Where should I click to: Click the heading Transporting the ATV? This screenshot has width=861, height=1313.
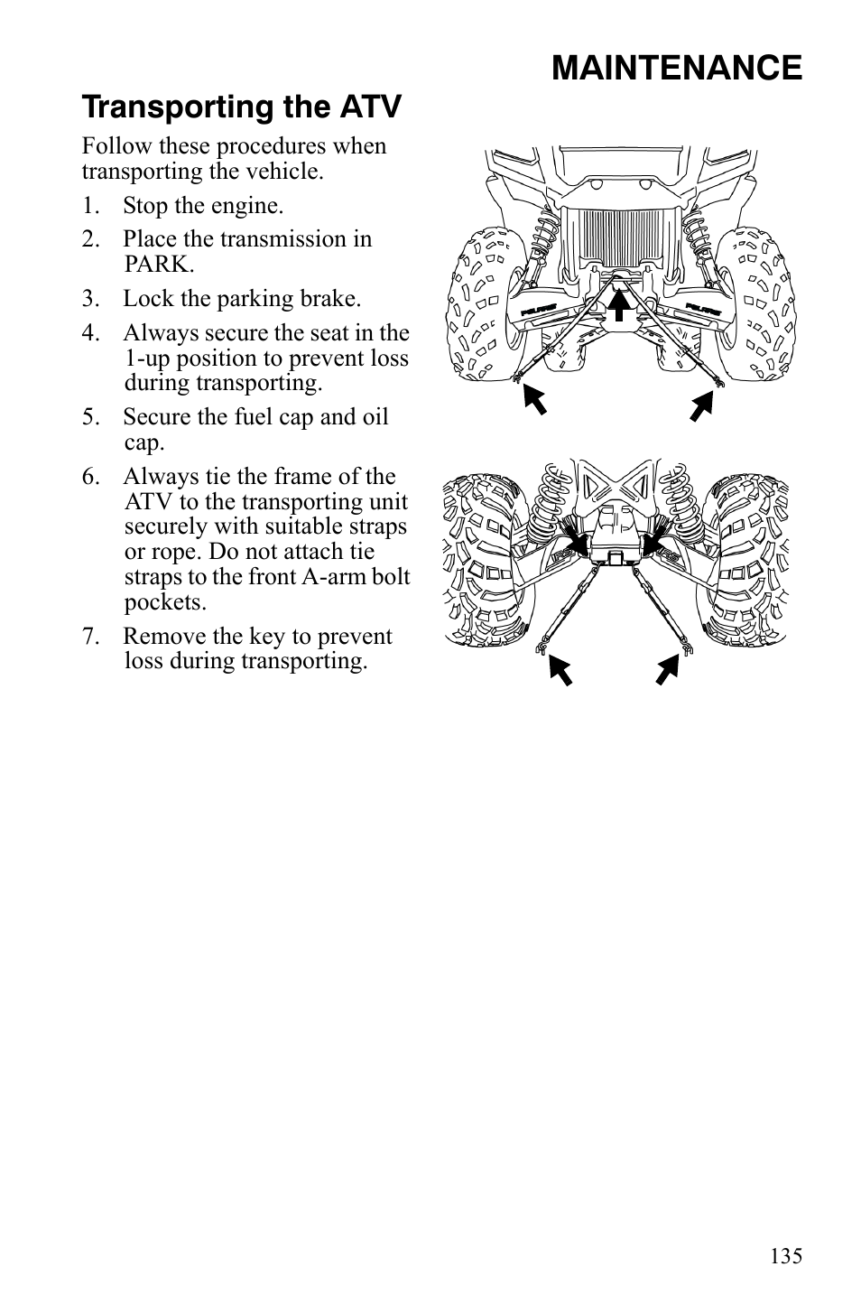click(x=241, y=107)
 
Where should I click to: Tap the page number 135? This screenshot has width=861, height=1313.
click(x=786, y=1256)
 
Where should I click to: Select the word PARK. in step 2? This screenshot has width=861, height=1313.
click(x=159, y=265)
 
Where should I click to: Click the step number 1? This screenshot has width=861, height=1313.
click(x=89, y=206)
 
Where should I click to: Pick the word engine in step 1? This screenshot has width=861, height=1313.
click(x=245, y=206)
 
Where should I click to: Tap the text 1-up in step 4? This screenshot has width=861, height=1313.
click(x=146, y=359)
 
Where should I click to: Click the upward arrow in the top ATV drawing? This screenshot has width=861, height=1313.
click(x=618, y=303)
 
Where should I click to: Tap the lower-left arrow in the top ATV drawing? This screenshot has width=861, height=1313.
click(x=534, y=398)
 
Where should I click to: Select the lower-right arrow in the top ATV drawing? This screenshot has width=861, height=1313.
click(x=701, y=405)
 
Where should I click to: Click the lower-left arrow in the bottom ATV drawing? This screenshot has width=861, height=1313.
click(x=560, y=671)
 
